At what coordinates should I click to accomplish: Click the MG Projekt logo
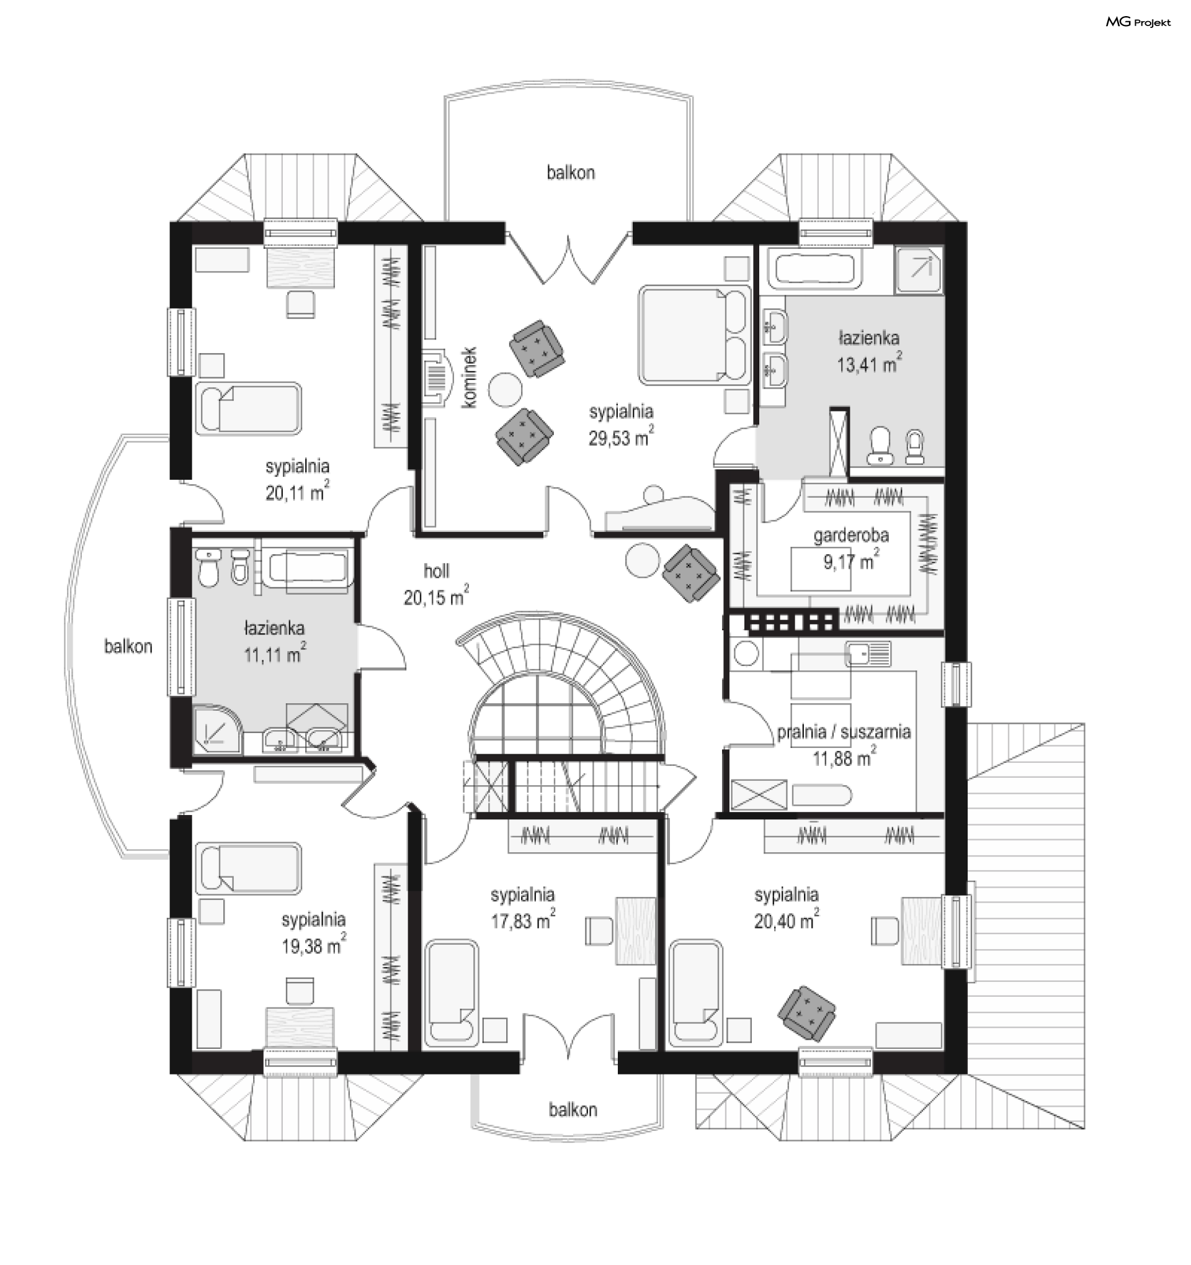pyautogui.click(x=1138, y=22)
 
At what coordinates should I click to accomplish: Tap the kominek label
pyautogui.click(x=470, y=377)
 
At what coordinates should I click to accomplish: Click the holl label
pyautogui.click(x=436, y=571)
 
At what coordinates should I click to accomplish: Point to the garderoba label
pyautogui.click(x=851, y=535)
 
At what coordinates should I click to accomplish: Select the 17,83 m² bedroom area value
pyautogui.click(x=524, y=920)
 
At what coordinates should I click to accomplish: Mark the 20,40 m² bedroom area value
pyautogui.click(x=787, y=920)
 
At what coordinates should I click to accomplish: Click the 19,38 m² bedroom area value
pyautogui.click(x=314, y=945)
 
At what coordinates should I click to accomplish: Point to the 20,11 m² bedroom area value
pyautogui.click(x=298, y=492)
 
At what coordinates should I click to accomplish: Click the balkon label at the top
pyautogui.click(x=571, y=173)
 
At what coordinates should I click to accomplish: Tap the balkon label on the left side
pyautogui.click(x=128, y=647)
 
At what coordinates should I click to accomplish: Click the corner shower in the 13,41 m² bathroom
pyautogui.click(x=919, y=270)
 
